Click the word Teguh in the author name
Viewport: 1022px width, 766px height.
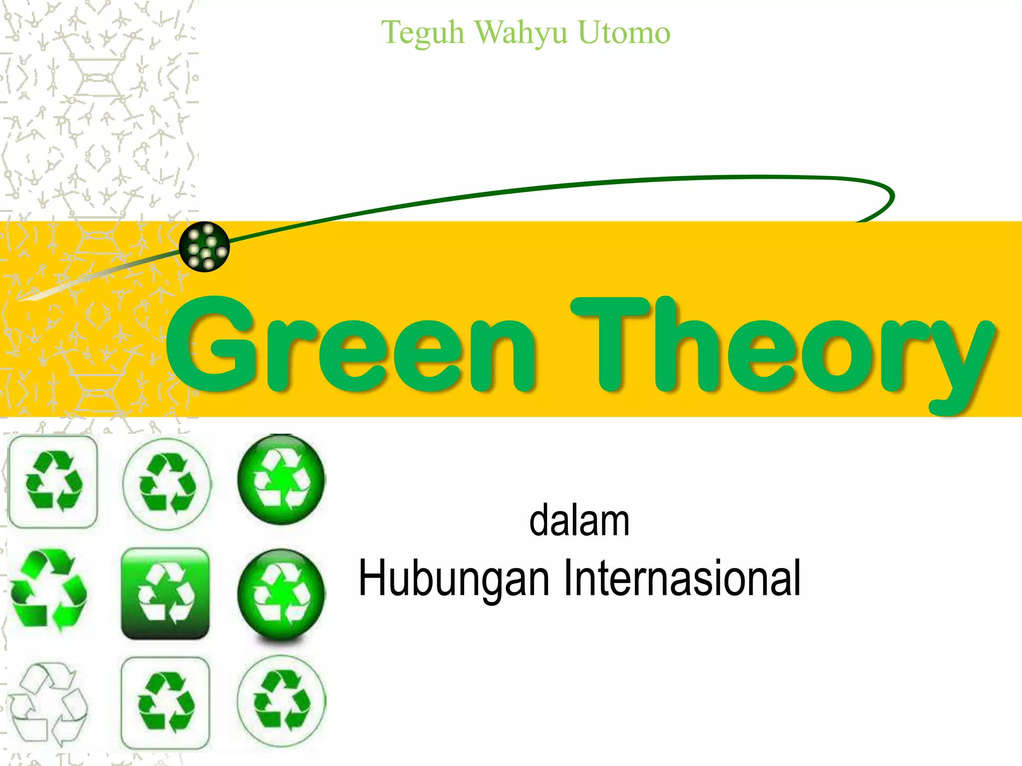click(423, 33)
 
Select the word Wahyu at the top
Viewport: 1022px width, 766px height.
click(520, 33)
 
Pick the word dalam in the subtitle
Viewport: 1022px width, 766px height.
click(579, 521)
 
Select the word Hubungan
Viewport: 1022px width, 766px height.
click(454, 578)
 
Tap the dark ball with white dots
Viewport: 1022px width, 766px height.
click(204, 246)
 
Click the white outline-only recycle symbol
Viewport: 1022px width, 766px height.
click(48, 703)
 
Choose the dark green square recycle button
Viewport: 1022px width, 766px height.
click(165, 593)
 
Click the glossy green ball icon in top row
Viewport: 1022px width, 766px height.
click(281, 480)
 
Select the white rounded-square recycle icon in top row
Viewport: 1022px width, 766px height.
click(53, 482)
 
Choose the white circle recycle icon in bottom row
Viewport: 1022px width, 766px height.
click(281, 700)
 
